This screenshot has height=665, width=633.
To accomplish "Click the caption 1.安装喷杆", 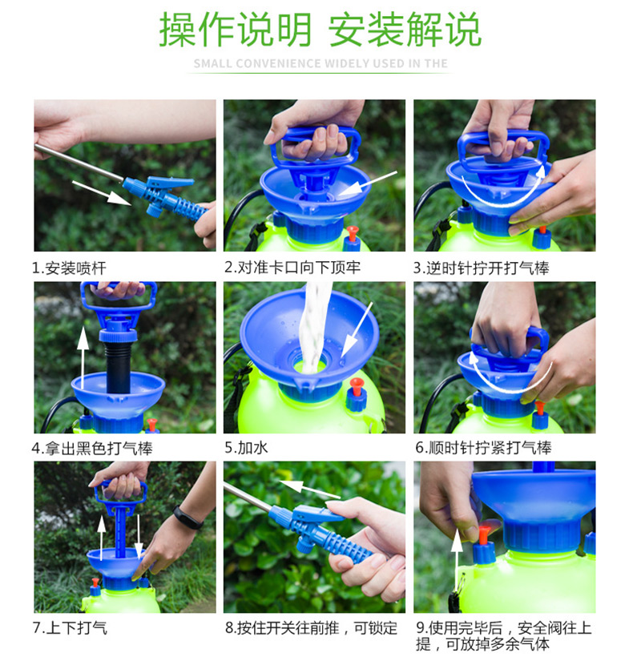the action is pos(69,268).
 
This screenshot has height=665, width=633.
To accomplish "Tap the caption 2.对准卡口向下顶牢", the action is pos(292,267).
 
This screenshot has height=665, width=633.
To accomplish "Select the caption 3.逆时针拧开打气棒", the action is pos(481,268).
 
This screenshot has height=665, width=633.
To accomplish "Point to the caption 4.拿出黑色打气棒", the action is pos(92,449).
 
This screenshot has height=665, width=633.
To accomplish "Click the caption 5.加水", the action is pos(246,447).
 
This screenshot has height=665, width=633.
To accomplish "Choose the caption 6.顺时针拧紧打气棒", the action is pos(483,447).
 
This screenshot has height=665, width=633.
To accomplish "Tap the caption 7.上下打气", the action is pos(70,627).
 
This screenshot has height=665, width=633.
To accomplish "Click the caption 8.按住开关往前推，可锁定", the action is pos(311,627).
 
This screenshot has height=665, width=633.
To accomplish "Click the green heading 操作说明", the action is pos(236,30).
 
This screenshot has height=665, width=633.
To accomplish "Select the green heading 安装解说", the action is pos(405,30).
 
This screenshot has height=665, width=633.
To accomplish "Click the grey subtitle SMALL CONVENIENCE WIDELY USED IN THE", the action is pos(321,63).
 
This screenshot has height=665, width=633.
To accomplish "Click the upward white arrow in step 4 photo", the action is pos(83,357).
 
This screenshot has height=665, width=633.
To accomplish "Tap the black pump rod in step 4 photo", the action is pos(119,367).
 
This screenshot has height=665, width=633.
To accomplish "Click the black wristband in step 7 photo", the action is pos(188,518).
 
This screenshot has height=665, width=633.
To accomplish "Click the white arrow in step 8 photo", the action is pos(310,490).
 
